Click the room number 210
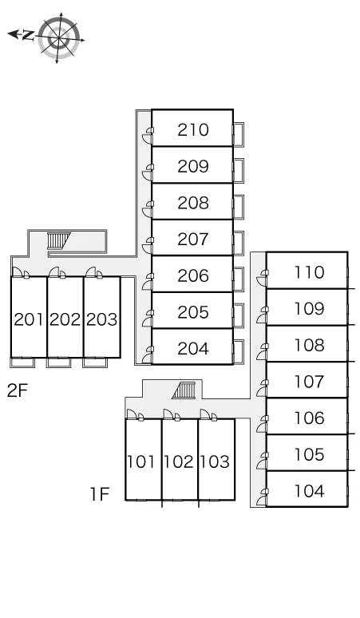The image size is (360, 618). click(x=193, y=129)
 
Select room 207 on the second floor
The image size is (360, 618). click(x=193, y=239)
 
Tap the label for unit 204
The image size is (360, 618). click(x=193, y=348)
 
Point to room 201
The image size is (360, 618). click(x=29, y=319)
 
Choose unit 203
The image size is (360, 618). click(x=101, y=319)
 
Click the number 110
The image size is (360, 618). click(x=310, y=272)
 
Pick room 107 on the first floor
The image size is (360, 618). click(x=310, y=381)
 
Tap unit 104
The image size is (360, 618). click(x=310, y=491)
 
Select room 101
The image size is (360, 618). click(x=140, y=462)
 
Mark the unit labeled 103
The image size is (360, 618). click(x=214, y=462)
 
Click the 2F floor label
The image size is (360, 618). click(x=18, y=390)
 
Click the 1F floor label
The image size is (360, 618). click(x=100, y=494)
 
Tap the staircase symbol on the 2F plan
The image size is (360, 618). click(x=57, y=240)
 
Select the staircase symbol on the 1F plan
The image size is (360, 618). click(x=184, y=390)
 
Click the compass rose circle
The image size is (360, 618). click(x=60, y=38)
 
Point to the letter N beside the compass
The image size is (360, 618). click(x=27, y=35)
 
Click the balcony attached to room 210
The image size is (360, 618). click(x=239, y=134)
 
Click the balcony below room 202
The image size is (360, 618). click(x=59, y=362)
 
